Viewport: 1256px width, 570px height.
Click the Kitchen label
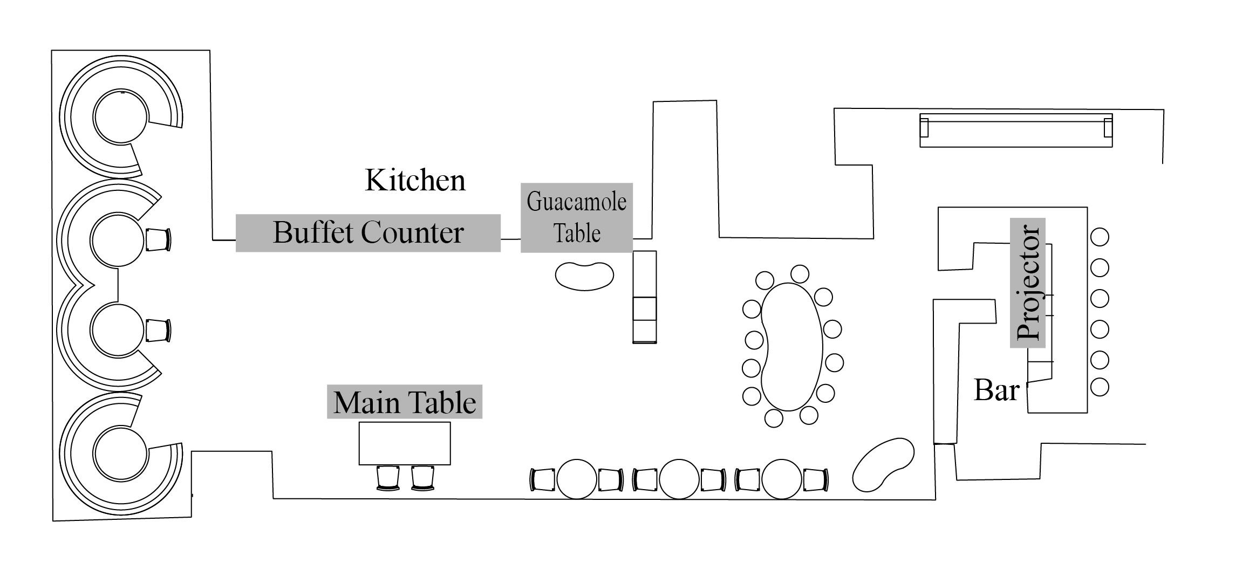point(415,180)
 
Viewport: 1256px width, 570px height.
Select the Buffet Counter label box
point(368,233)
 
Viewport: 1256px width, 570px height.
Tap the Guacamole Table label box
point(576,218)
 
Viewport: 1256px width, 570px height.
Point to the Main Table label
point(404,402)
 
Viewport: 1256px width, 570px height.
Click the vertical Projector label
point(1027,283)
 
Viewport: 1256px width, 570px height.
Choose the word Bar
point(996,390)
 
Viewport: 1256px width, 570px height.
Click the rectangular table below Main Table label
point(405,443)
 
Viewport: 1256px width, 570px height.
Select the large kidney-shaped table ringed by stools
point(791,346)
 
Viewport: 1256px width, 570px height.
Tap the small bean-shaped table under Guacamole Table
point(584,276)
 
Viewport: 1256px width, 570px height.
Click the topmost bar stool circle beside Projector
point(1100,237)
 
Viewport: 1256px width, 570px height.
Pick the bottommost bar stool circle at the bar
point(1100,387)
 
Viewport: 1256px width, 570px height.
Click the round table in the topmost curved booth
point(120,117)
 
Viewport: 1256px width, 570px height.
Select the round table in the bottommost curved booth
point(120,454)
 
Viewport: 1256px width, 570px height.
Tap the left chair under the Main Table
point(387,478)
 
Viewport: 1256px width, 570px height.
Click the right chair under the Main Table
point(422,478)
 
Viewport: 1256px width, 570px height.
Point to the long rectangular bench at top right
point(1015,130)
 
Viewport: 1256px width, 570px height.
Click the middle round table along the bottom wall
point(679,479)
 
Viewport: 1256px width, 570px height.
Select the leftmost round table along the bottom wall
point(577,479)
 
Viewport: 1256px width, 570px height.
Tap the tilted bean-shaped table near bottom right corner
point(883,464)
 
